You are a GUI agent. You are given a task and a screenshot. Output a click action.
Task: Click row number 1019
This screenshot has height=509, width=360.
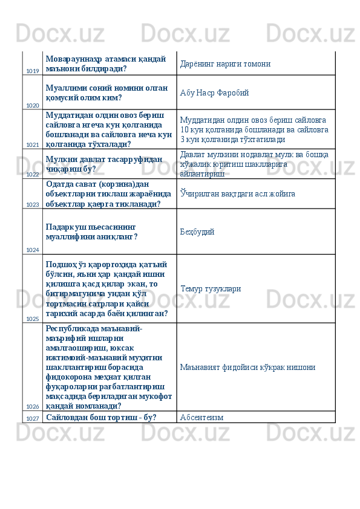pyautogui.click(x=33, y=71)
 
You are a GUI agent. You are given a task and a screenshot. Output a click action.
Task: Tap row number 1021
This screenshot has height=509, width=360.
pyautogui.click(x=33, y=145)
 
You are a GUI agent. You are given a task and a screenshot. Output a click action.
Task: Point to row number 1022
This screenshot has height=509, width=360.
pyautogui.click(x=33, y=174)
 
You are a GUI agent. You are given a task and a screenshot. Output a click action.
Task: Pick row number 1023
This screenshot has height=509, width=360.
pyautogui.click(x=33, y=205)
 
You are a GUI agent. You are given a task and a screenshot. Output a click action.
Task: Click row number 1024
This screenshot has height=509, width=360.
pyautogui.click(x=33, y=250)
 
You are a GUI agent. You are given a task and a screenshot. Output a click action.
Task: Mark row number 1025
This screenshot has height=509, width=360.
pyautogui.click(x=33, y=319)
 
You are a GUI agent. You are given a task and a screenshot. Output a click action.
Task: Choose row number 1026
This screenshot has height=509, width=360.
pyautogui.click(x=33, y=407)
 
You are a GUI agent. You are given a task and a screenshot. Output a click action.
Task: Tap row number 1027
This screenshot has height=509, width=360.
pyautogui.click(x=33, y=418)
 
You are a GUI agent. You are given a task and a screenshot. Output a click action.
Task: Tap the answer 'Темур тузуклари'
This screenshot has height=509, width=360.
pyautogui.click(x=211, y=288)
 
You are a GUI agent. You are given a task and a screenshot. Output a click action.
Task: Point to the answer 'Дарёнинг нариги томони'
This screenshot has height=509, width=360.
pyautogui.click(x=225, y=63)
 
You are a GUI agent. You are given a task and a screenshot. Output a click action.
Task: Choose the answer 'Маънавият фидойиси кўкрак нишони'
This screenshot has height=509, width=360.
pyautogui.click(x=247, y=367)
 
